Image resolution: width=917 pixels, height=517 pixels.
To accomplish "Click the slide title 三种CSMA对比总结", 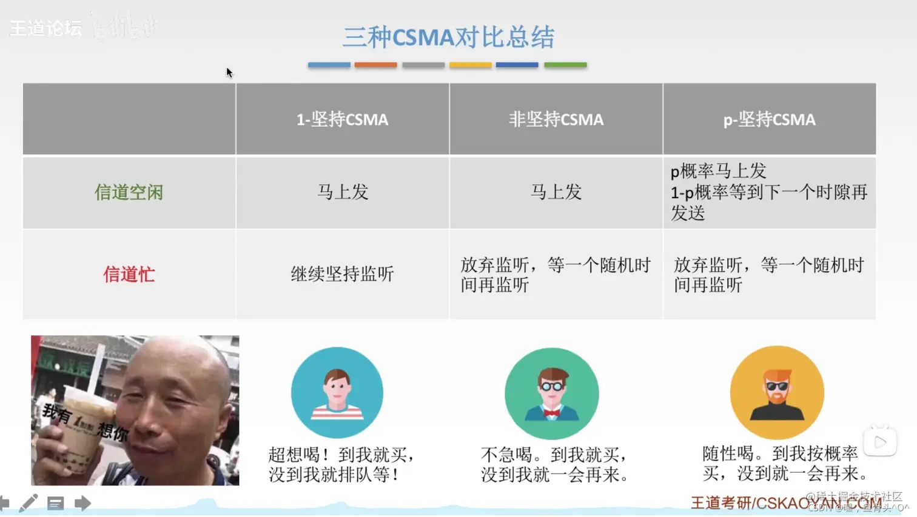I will pyautogui.click(x=448, y=37).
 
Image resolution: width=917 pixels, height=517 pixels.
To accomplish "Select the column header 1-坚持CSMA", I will pyautogui.click(x=342, y=119).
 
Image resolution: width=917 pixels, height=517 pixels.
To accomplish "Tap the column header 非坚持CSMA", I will pyautogui.click(x=556, y=119).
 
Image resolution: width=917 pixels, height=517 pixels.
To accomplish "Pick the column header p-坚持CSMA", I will pyautogui.click(x=769, y=119).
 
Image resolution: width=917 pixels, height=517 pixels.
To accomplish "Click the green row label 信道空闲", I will pyautogui.click(x=129, y=193).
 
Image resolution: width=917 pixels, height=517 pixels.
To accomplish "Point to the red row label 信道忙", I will pyautogui.click(x=129, y=275).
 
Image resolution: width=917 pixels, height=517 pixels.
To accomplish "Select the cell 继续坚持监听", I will pyautogui.click(x=342, y=275).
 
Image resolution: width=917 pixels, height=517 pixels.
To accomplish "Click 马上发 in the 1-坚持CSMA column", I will pyautogui.click(x=343, y=192).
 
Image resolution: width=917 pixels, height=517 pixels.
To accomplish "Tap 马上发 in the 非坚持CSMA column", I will pyautogui.click(x=556, y=192).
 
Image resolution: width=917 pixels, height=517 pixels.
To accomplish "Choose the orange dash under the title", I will pyautogui.click(x=375, y=65).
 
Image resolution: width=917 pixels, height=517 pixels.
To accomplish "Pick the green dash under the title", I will pyautogui.click(x=565, y=65).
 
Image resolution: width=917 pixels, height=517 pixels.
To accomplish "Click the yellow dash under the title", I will pyautogui.click(x=470, y=65).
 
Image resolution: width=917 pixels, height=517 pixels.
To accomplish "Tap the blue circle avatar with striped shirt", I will pyautogui.click(x=337, y=393).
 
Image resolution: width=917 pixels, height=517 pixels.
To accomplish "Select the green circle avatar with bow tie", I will pyautogui.click(x=551, y=393).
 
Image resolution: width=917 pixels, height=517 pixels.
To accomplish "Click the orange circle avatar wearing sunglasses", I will pyautogui.click(x=777, y=393).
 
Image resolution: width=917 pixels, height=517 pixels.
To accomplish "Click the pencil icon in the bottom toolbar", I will pyautogui.click(x=28, y=503).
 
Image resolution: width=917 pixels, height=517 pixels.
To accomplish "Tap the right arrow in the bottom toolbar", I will pyautogui.click(x=82, y=503).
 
